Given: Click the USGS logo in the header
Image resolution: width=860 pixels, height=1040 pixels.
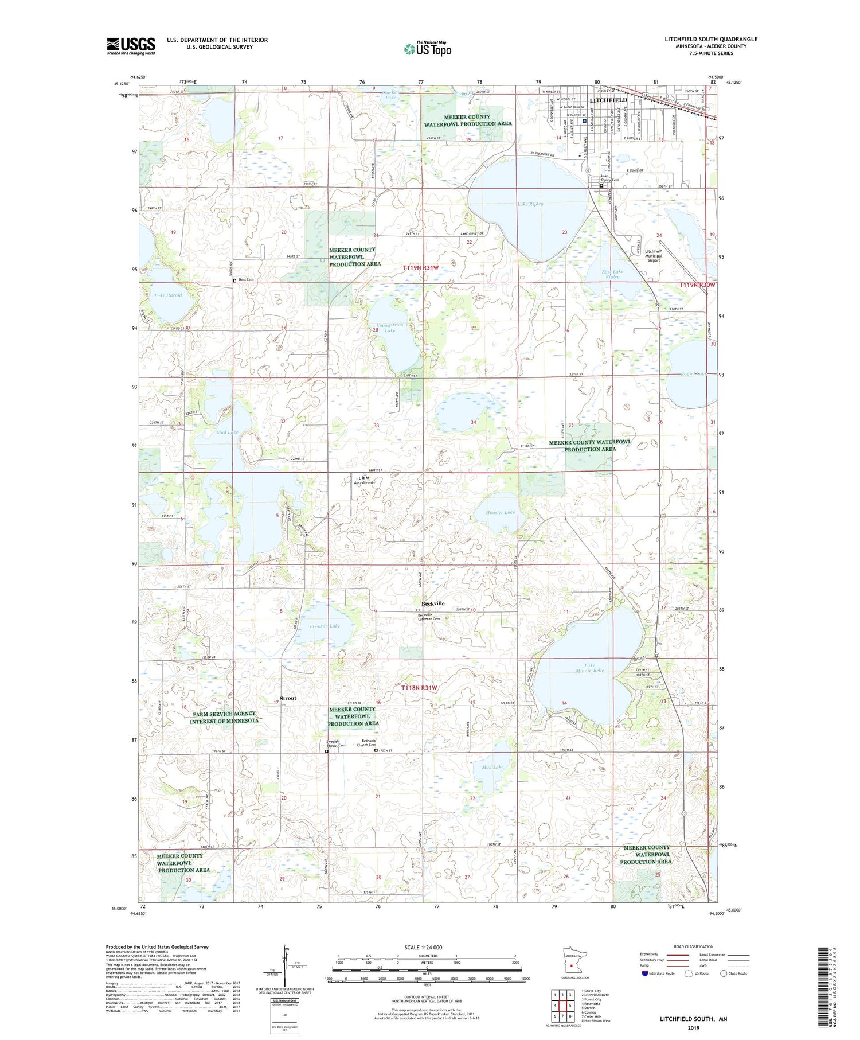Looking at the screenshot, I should (x=131, y=46).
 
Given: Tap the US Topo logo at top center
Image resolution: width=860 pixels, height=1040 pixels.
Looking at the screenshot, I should (x=428, y=49).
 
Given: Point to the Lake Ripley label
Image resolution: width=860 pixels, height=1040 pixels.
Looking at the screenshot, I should (x=530, y=204).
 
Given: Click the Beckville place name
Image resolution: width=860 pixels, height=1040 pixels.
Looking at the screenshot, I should (x=433, y=603).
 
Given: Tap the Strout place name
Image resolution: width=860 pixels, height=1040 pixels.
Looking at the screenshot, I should (x=288, y=698).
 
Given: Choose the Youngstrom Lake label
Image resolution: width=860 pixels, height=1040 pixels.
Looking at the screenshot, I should (x=389, y=328).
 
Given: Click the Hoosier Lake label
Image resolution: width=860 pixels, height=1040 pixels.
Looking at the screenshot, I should (x=501, y=512).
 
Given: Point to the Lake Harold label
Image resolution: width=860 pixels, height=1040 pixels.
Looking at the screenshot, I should (x=168, y=295).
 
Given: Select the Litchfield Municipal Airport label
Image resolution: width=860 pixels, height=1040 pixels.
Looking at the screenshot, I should (x=653, y=256).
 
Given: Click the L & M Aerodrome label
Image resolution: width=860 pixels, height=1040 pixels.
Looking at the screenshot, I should (x=363, y=481).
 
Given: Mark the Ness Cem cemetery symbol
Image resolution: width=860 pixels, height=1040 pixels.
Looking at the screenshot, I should (x=234, y=281).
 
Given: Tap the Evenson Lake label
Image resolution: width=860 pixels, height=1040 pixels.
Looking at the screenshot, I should (x=325, y=626).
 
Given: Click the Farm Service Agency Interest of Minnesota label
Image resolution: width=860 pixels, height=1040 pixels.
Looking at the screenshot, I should (x=225, y=717).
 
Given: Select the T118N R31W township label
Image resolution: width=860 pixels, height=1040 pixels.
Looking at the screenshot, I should (x=419, y=687).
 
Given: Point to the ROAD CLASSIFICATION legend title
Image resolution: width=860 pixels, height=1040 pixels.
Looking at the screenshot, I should (x=694, y=946).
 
